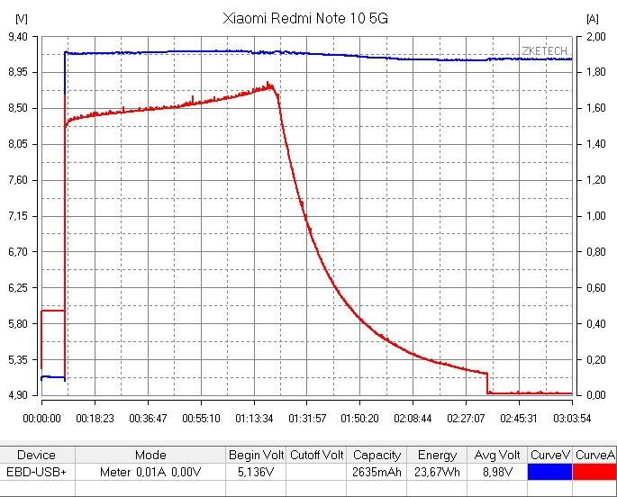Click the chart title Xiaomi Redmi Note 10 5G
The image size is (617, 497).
306,18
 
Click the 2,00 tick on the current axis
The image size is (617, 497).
596,37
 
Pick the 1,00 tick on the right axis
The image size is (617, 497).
596,216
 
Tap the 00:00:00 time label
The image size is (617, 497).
41,418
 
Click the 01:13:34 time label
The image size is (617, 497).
254,418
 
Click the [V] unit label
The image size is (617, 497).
22,18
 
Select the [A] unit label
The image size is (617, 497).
592,18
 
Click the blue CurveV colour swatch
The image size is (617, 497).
549,472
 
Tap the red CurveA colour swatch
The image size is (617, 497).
594,472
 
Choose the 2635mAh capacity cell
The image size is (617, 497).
377,472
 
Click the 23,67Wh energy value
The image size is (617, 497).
436,472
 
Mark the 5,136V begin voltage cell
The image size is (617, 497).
256,472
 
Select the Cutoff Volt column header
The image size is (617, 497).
316,455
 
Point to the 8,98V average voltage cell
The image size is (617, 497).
497,472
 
